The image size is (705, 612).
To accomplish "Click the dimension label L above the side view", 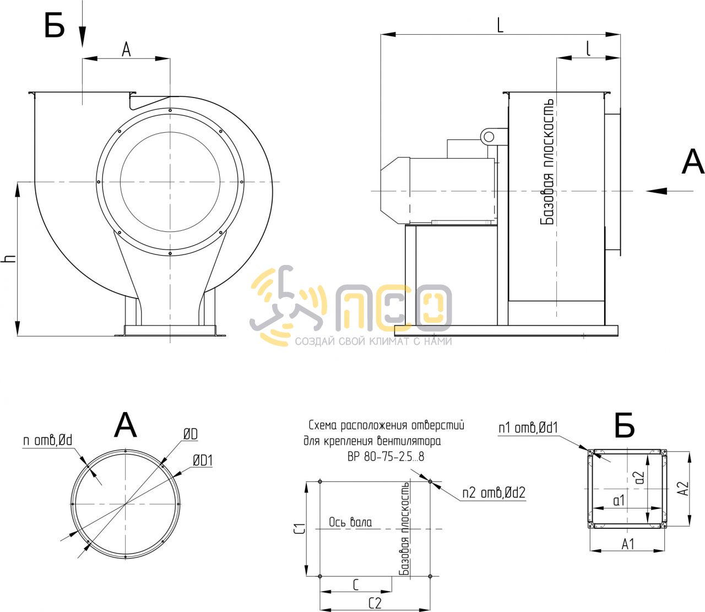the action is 500,25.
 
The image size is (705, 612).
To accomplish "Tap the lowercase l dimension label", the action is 589,48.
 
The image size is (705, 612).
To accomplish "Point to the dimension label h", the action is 9,258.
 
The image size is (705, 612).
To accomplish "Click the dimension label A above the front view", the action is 127,50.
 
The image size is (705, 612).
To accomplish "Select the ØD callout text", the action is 191,435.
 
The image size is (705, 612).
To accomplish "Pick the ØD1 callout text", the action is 203,461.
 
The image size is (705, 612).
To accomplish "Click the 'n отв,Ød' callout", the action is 47,440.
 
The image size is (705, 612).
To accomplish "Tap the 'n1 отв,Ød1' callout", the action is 528,427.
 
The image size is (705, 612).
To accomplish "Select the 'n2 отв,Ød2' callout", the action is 493,493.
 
